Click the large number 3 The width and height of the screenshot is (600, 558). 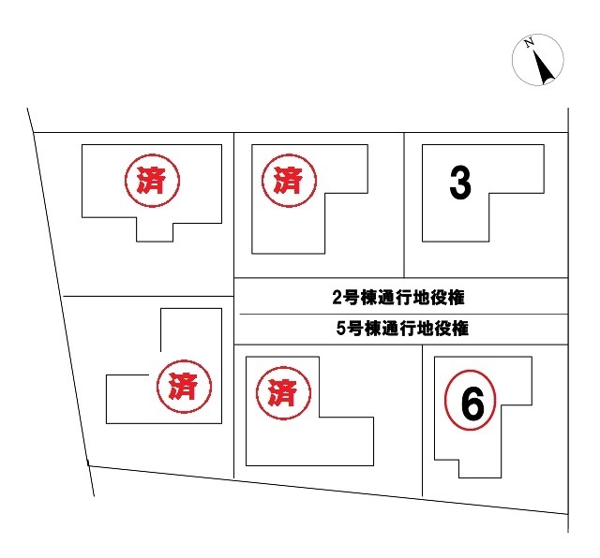(x=460, y=184)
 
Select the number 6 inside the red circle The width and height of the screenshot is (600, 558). (x=472, y=404)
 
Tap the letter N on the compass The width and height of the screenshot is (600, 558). (x=529, y=43)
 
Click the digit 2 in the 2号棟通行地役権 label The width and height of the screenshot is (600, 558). (x=337, y=298)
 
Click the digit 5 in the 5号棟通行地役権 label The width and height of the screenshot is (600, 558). (x=341, y=329)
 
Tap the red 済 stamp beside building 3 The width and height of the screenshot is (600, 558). (x=289, y=181)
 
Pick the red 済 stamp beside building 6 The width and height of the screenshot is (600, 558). (x=283, y=393)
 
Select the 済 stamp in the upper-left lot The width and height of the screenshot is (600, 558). (x=152, y=181)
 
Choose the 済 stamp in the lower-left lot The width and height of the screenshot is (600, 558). (x=184, y=387)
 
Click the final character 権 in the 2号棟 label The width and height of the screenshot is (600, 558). (x=457, y=298)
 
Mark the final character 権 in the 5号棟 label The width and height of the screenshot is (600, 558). (x=460, y=329)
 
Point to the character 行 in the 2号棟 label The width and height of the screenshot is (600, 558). (x=404, y=298)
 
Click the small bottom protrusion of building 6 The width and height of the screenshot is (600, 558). (x=480, y=468)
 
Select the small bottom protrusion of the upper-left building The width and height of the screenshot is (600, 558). (x=155, y=232)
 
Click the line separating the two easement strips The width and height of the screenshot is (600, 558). (x=404, y=315)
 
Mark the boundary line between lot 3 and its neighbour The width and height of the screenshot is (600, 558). (x=404, y=205)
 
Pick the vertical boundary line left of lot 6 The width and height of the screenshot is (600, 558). (x=423, y=420)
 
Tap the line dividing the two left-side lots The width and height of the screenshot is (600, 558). (x=148, y=296)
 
